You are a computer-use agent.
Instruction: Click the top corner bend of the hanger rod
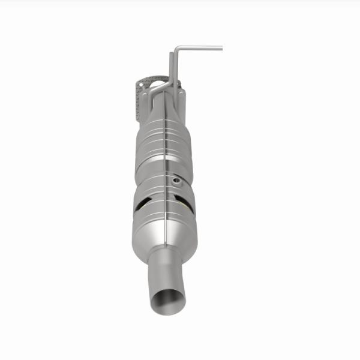tap(175, 48)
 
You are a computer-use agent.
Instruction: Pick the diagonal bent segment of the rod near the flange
tap(158, 89)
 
